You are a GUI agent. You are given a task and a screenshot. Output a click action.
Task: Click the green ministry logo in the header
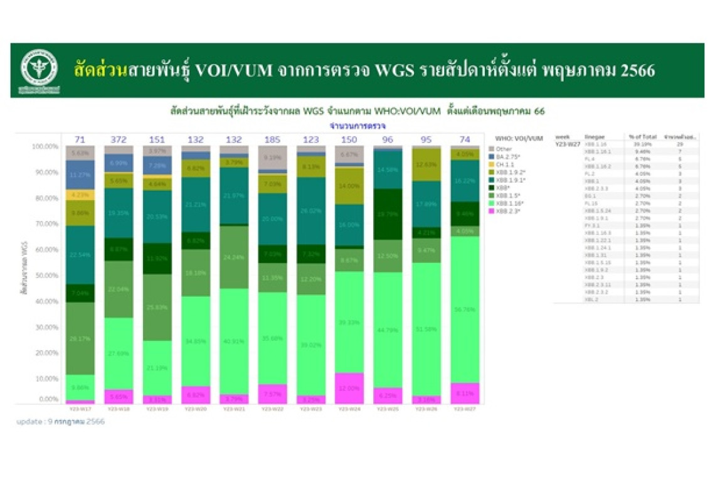tap(39, 68)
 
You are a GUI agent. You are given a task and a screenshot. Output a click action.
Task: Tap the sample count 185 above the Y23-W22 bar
tap(272, 139)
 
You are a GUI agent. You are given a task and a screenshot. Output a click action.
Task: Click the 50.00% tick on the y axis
tap(45, 276)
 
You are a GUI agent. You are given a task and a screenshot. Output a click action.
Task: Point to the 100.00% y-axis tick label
tap(43, 146)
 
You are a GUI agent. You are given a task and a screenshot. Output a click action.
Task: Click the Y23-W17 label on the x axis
tap(80, 409)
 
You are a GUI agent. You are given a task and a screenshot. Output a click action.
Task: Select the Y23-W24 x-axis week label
tap(349, 409)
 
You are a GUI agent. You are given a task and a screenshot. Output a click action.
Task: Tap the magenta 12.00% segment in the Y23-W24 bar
tap(349, 389)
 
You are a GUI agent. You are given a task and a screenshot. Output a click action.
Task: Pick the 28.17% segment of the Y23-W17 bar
tap(80, 338)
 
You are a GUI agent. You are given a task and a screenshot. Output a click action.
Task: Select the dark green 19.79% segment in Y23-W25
tap(388, 214)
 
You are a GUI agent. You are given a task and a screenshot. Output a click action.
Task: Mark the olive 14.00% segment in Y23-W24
tap(349, 186)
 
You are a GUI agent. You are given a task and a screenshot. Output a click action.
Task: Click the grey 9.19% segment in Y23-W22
tap(272, 158)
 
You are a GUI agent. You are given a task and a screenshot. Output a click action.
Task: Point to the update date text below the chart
tap(61, 422)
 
